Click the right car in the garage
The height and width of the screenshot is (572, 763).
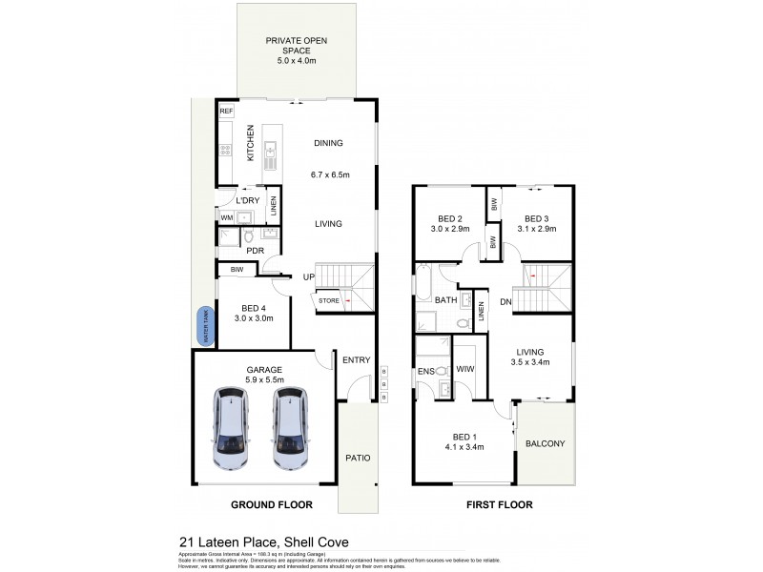pyautogui.click(x=292, y=428)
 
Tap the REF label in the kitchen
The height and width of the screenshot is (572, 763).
pyautogui.click(x=226, y=112)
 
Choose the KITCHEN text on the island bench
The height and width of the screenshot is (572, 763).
pyautogui.click(x=250, y=146)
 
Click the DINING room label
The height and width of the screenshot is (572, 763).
pyautogui.click(x=328, y=143)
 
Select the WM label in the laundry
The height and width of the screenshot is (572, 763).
pyautogui.click(x=227, y=218)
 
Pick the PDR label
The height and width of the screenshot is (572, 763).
pyautogui.click(x=255, y=251)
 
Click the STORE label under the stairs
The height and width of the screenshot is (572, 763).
pyautogui.click(x=329, y=301)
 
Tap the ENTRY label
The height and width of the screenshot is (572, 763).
pyautogui.click(x=356, y=360)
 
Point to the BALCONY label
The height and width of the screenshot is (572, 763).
pyautogui.click(x=546, y=443)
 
